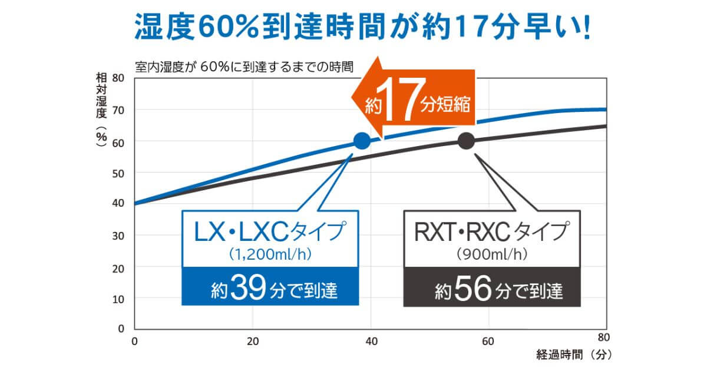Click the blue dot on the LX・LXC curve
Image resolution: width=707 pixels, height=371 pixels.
(x=362, y=141)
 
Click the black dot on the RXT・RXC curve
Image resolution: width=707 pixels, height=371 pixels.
(x=466, y=141)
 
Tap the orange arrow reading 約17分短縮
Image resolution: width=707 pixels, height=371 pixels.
(x=412, y=104)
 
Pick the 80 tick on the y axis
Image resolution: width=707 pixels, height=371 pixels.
(x=118, y=78)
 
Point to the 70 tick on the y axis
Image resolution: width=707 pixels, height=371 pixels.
(x=118, y=110)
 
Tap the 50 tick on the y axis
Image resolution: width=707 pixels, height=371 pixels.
(x=118, y=173)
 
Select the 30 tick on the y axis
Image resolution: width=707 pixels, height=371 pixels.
(x=118, y=236)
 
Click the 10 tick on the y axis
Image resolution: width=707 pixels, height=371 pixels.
(x=118, y=299)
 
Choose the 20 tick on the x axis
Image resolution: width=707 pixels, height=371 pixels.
(x=253, y=340)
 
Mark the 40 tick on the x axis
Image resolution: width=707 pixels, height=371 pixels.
(x=371, y=340)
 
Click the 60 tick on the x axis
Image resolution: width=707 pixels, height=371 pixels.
(x=488, y=340)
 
